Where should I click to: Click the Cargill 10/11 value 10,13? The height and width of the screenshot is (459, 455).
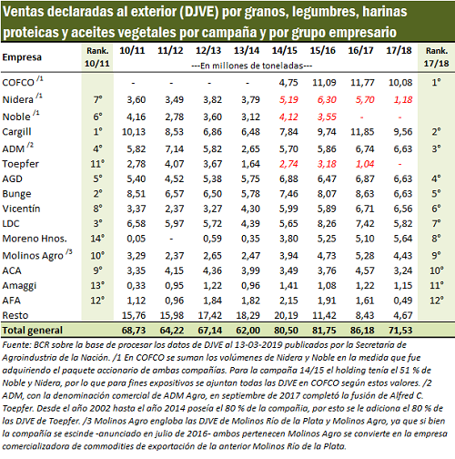[x=134, y=132]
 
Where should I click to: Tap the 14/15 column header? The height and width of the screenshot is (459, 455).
[x=284, y=50]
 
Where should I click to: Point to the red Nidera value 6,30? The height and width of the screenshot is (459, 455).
[x=327, y=100]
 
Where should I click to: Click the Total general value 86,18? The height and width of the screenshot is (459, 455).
[x=362, y=331]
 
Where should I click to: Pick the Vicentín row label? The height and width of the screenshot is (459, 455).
[x=21, y=209]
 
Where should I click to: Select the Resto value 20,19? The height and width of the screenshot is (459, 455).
[x=286, y=315]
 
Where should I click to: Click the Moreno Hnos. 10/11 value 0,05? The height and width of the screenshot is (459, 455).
[x=136, y=239]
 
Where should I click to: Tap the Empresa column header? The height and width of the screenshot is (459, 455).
[x=22, y=57]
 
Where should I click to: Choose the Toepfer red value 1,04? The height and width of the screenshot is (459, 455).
[x=365, y=164]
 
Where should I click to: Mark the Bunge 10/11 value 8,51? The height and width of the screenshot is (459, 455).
[x=136, y=194]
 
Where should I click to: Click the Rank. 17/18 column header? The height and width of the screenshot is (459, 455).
[x=436, y=56]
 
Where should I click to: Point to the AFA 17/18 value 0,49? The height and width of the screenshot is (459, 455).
[x=403, y=301]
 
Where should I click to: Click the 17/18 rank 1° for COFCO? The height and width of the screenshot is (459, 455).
[x=436, y=82]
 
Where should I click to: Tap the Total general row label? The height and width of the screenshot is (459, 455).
[x=32, y=331]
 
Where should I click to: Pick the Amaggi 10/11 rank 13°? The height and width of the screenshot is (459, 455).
[x=97, y=286]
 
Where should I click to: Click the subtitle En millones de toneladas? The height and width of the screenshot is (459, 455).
[x=252, y=66]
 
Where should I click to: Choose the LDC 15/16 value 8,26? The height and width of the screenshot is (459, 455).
[x=327, y=224]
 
